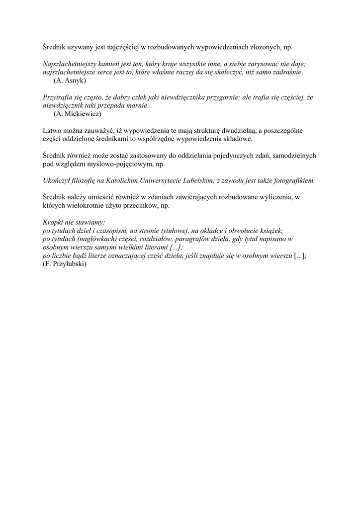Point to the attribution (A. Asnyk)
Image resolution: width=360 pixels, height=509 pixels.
pos(70,81)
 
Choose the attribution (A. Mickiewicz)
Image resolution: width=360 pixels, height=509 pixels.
pos(78,114)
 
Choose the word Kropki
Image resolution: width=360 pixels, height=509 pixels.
pos(54,223)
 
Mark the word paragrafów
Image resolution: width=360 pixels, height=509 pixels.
pos(210,239)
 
